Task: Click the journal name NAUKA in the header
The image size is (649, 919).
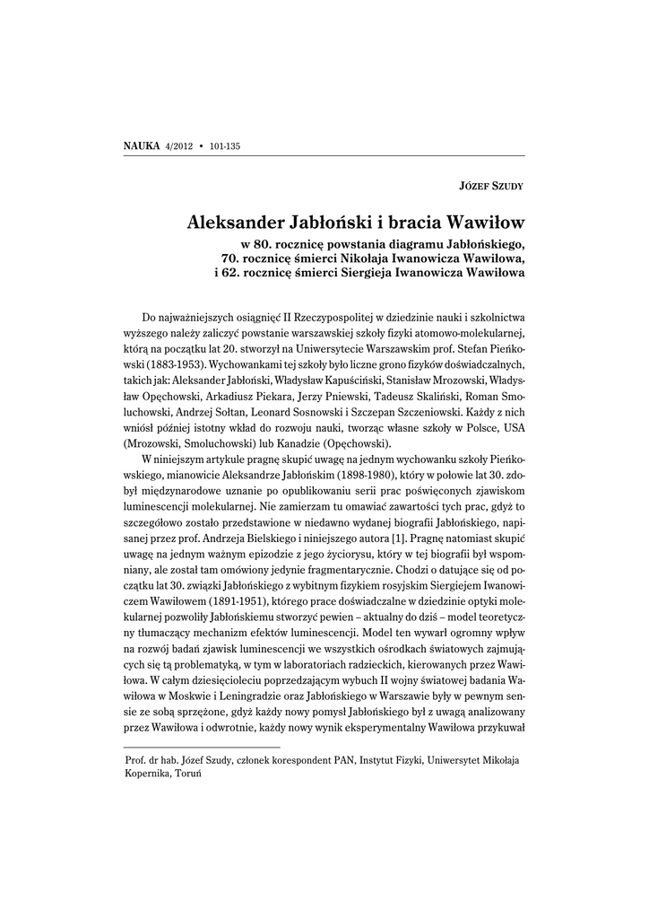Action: [x=141, y=145]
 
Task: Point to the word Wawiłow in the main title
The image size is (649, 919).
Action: [x=482, y=220]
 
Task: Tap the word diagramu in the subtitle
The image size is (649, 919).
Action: [x=417, y=243]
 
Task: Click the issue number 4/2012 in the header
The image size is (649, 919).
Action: [x=180, y=145]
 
